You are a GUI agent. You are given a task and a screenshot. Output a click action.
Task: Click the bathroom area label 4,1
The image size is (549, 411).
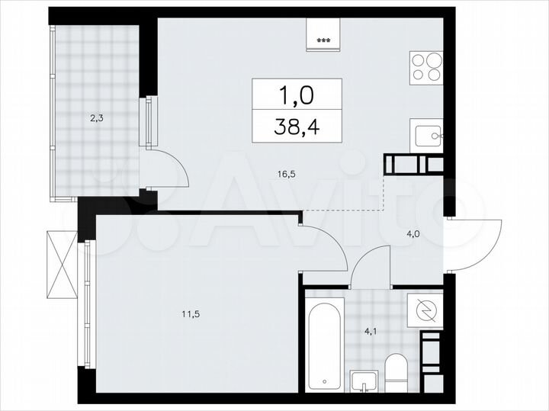click(x=370, y=331)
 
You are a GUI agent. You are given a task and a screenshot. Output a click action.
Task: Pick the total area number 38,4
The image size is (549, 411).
click(x=297, y=126)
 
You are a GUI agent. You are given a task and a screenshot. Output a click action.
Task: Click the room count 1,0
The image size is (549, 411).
click(x=297, y=95)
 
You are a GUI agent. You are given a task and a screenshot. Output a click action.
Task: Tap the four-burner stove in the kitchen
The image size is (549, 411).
click(x=427, y=67)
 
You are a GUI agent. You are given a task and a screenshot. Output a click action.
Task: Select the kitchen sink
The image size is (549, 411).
click(x=427, y=137)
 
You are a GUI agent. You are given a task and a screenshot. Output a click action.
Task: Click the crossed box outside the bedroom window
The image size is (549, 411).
click(x=61, y=264)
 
